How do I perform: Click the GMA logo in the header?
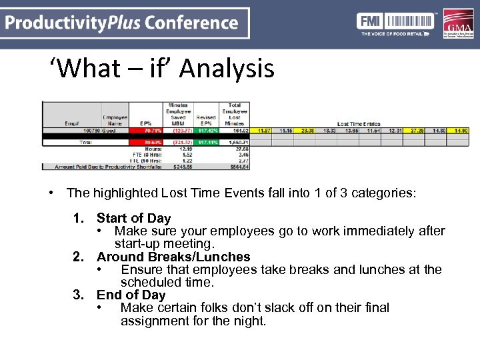pyautogui.click(x=457, y=24)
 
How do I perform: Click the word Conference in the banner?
pyautogui.click(x=191, y=23)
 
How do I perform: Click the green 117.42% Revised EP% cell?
pyautogui.click(x=207, y=131)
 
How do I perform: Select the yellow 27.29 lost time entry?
pyautogui.click(x=417, y=131)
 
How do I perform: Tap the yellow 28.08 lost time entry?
pyautogui.click(x=308, y=131)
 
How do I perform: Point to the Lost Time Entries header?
pyautogui.click(x=360, y=124)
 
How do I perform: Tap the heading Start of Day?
pyautogui.click(x=133, y=218)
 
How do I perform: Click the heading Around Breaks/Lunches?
pyautogui.click(x=173, y=257)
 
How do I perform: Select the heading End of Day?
pyautogui.click(x=131, y=295)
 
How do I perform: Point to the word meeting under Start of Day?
pyautogui.click(x=191, y=244)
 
